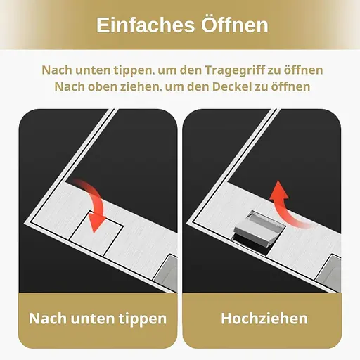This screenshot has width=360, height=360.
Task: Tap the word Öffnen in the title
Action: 235,25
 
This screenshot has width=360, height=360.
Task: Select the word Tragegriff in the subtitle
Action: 235,70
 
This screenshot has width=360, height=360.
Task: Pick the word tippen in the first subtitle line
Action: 132,71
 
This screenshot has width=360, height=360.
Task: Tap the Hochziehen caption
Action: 264,319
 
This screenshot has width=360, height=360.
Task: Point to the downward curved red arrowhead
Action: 96,222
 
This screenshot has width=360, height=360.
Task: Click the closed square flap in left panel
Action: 96,233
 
